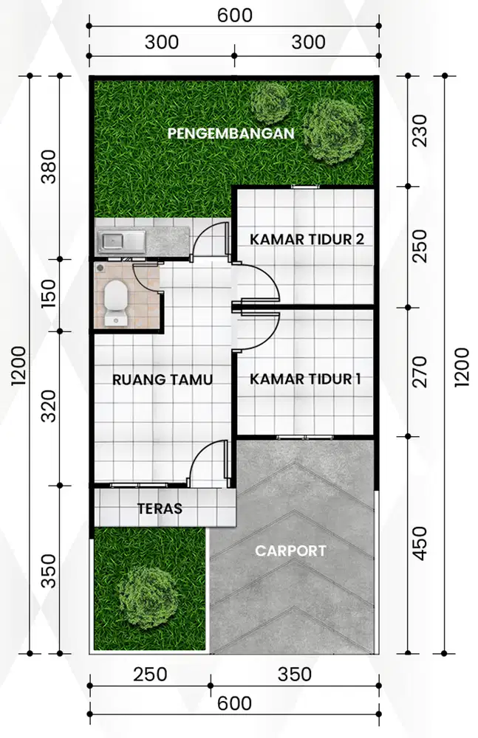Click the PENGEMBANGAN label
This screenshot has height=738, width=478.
pos(231,134)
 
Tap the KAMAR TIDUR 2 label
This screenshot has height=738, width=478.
pos(307,239)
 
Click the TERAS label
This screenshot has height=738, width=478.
pos(160,508)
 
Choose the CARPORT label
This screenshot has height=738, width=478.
pos(290,551)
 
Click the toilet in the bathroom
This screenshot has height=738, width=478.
pos(115,301)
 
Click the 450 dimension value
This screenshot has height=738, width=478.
pos(420,542)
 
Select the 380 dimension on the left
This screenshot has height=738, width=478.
pos(49,168)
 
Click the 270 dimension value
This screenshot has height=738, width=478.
pos(420,373)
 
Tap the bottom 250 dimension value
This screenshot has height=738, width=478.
pos(150,675)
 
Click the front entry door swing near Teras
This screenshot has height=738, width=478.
pos(208,463)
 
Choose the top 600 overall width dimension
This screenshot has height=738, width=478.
pos(235,15)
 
